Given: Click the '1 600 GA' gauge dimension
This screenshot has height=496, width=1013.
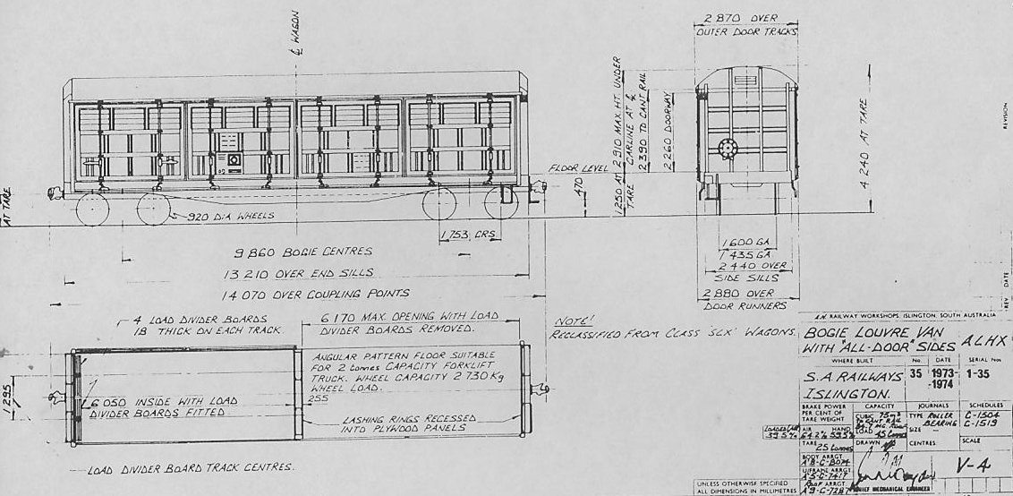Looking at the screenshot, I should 742,242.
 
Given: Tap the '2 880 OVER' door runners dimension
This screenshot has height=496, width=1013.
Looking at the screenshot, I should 736,293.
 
